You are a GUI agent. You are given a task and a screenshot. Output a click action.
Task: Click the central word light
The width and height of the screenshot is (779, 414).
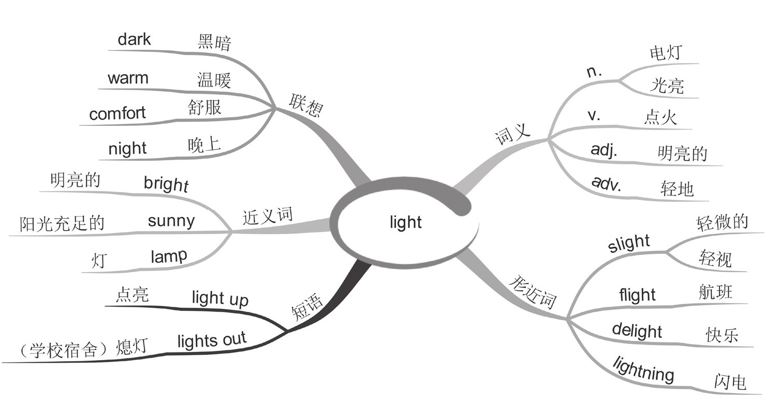click(x=405, y=222)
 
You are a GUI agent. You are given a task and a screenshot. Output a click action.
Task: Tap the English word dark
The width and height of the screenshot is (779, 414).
click(x=134, y=39)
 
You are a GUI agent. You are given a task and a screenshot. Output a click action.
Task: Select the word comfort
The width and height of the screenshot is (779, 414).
click(x=117, y=113)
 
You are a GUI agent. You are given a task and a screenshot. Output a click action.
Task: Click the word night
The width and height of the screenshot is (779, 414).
click(x=127, y=149)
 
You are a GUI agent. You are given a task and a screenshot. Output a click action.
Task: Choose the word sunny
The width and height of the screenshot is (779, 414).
click(x=171, y=221)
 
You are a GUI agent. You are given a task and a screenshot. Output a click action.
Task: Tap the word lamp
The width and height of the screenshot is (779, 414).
click(x=169, y=256)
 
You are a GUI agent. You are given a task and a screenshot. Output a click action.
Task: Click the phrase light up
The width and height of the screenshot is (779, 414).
click(x=220, y=298)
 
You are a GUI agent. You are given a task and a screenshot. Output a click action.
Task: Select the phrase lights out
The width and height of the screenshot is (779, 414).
click(x=212, y=340)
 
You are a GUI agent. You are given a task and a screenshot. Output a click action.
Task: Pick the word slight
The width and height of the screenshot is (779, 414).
click(x=629, y=243)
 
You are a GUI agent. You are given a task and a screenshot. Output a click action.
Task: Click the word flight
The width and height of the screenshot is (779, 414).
click(x=637, y=295)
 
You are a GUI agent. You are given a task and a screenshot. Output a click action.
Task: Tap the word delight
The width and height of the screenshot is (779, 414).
click(x=637, y=331)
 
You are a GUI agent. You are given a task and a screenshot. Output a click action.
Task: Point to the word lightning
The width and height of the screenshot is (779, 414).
click(x=643, y=368)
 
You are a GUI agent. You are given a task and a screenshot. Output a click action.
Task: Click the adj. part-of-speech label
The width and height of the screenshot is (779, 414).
click(x=604, y=150)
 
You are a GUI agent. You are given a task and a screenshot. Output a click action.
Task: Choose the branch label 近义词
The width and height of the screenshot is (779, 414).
click(x=267, y=216)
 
